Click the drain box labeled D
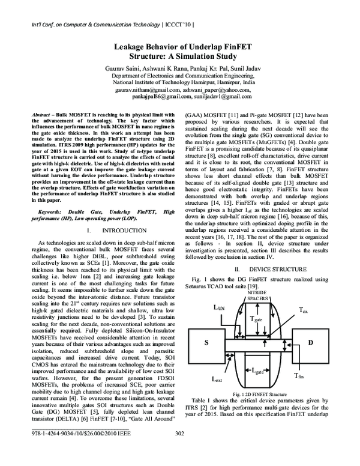tap(311, 342)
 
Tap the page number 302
tap(179, 451)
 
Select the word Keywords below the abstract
tap(52, 212)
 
